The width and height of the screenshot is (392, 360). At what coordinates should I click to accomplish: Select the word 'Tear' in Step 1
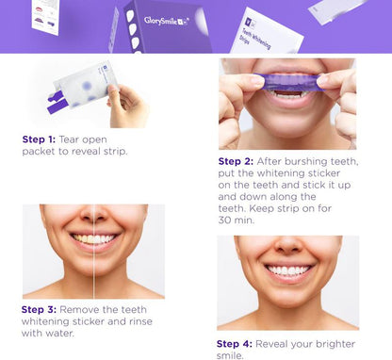pyautogui.click(x=87, y=139)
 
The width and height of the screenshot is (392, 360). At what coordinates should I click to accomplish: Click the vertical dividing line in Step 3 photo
pyautogui.click(x=93, y=254)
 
